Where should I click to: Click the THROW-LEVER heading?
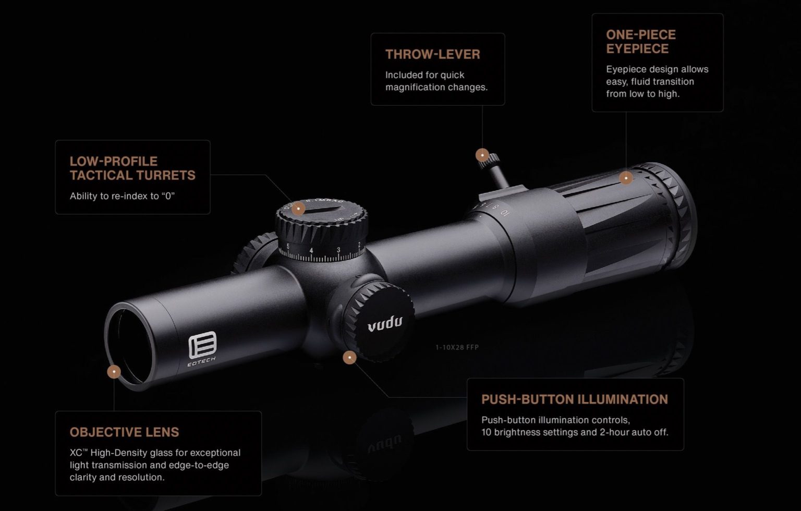[x=432, y=54]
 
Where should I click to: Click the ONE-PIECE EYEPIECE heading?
[x=640, y=42]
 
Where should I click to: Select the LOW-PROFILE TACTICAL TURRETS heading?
[x=132, y=168]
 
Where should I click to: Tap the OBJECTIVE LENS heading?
[x=124, y=432]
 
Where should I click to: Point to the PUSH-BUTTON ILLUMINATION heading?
[x=574, y=399]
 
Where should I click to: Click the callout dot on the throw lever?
[x=482, y=155]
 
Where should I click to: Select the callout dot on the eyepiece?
[x=626, y=178]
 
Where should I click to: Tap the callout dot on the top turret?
[x=298, y=209]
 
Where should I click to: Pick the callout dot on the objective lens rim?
[x=114, y=372]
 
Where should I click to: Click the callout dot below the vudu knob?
[x=350, y=357]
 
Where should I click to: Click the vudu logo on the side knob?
[x=385, y=324]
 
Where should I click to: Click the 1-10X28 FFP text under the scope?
[x=457, y=347]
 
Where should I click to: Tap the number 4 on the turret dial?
[x=311, y=251]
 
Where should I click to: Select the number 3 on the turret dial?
[x=338, y=250]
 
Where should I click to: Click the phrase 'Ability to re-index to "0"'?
[x=122, y=196]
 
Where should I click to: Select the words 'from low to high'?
[x=642, y=94]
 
